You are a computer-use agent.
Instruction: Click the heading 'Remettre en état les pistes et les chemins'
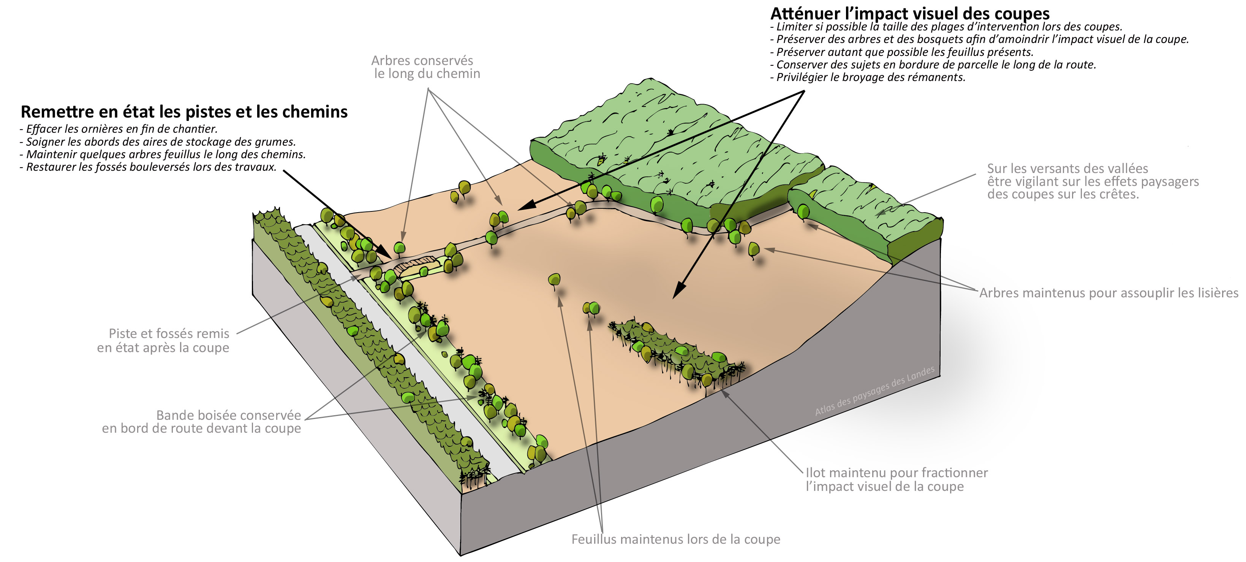click(x=184, y=112)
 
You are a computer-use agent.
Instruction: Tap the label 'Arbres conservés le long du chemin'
click(x=425, y=67)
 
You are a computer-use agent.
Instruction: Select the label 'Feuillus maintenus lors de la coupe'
click(x=676, y=539)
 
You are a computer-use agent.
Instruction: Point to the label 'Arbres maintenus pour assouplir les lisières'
click(x=1108, y=293)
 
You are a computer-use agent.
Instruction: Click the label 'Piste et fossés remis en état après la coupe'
click(x=163, y=340)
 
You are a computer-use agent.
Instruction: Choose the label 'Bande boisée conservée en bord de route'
click(x=201, y=422)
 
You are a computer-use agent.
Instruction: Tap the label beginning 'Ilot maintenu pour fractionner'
click(x=896, y=479)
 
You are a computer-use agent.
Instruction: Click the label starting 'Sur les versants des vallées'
click(x=1093, y=181)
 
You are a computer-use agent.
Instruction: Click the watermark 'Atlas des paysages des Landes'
click(x=874, y=391)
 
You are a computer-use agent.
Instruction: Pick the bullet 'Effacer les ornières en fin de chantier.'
click(x=119, y=129)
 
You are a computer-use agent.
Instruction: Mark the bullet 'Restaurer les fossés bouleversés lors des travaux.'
click(x=148, y=167)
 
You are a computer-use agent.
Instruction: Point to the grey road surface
click(x=406, y=349)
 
